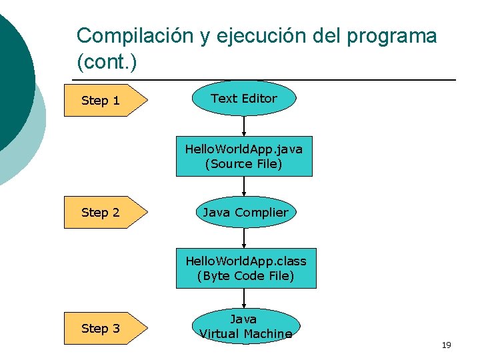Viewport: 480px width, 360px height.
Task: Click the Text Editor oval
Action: point(243,99)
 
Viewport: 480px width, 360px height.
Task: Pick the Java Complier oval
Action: point(245,213)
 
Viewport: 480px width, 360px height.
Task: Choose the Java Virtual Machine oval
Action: point(245,326)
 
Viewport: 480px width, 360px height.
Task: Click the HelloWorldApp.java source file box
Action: point(243,157)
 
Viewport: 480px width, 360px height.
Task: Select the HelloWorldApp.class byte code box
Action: point(245,269)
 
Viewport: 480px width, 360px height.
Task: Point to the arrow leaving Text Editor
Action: point(244,126)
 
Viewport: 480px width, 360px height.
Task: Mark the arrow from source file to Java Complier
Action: point(244,186)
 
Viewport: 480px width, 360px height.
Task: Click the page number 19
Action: point(446,345)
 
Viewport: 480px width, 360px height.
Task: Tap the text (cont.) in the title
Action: point(107,63)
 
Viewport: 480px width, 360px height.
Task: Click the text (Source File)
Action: point(243,164)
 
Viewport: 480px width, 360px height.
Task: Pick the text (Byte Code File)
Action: point(245,276)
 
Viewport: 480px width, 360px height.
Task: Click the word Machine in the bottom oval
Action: point(265,334)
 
